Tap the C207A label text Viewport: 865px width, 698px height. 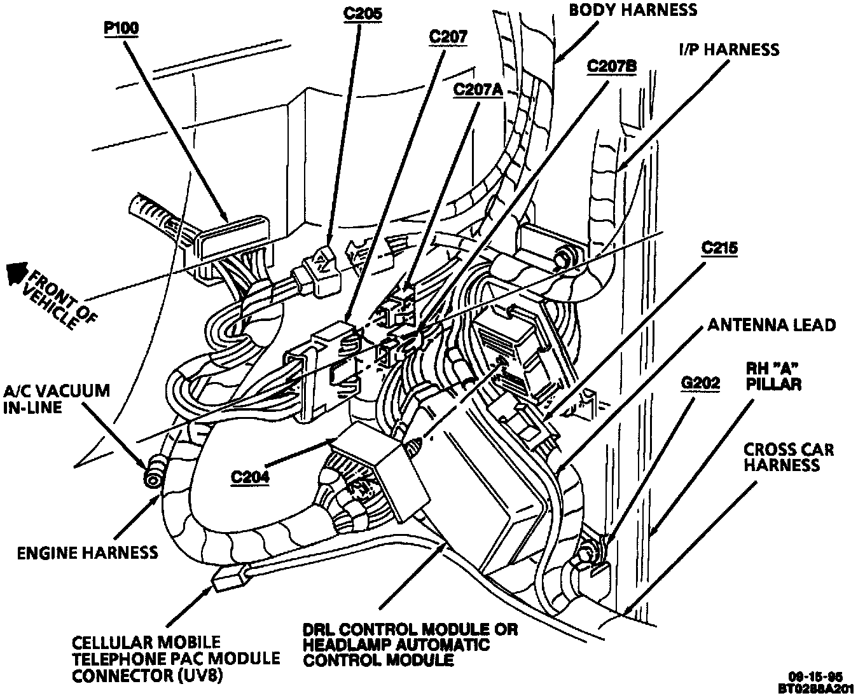coord(478,90)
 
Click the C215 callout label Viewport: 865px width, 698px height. coord(719,247)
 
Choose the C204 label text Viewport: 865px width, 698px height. coord(251,477)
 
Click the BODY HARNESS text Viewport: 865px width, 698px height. coord(633,10)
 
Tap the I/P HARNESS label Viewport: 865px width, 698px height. coord(728,49)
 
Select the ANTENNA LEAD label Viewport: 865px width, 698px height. coord(772,325)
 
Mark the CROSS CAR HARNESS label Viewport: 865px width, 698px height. coord(788,457)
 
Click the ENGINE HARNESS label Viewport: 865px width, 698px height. coord(88,552)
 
